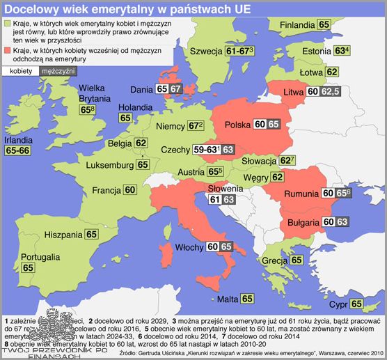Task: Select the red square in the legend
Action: [x=7, y=51]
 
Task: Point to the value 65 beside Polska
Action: [x=274, y=124]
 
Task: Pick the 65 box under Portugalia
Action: [x=28, y=267]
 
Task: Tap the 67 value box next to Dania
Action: [x=176, y=89]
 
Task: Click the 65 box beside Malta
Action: [x=248, y=299]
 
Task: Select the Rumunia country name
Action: [x=297, y=192]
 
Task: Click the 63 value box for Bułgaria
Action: [x=341, y=222]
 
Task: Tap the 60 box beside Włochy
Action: [x=213, y=246]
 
